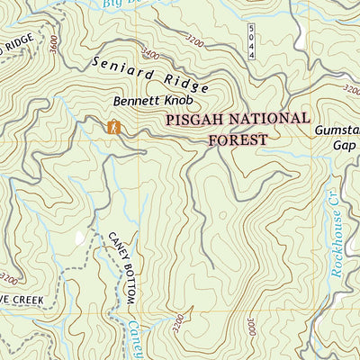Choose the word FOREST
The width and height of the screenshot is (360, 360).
tap(238, 139)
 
